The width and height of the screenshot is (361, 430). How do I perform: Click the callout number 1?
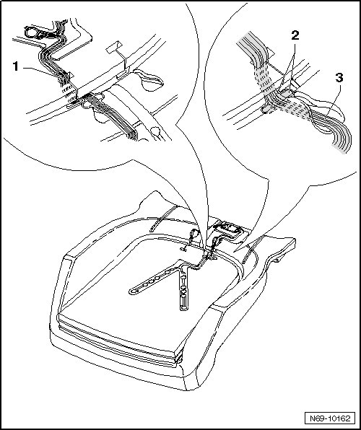16,66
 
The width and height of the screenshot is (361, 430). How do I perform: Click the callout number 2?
295,35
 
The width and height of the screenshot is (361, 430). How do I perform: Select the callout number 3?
339,78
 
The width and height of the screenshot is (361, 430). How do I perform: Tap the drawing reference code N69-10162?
330,418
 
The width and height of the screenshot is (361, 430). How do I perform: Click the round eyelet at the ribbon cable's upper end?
31,32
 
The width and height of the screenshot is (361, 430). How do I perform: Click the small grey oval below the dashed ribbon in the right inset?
266,110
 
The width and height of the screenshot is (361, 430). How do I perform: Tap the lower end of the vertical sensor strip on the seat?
183,308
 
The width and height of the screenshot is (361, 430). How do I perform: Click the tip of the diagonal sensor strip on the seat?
132,291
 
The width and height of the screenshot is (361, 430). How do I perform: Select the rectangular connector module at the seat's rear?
227,228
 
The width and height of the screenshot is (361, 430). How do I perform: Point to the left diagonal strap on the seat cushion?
163,218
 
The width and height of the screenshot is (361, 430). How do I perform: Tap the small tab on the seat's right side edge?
277,260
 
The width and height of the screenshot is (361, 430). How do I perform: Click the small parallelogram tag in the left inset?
113,47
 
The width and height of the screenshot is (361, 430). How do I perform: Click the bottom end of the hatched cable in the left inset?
131,136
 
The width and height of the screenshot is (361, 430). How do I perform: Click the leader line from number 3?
333,100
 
